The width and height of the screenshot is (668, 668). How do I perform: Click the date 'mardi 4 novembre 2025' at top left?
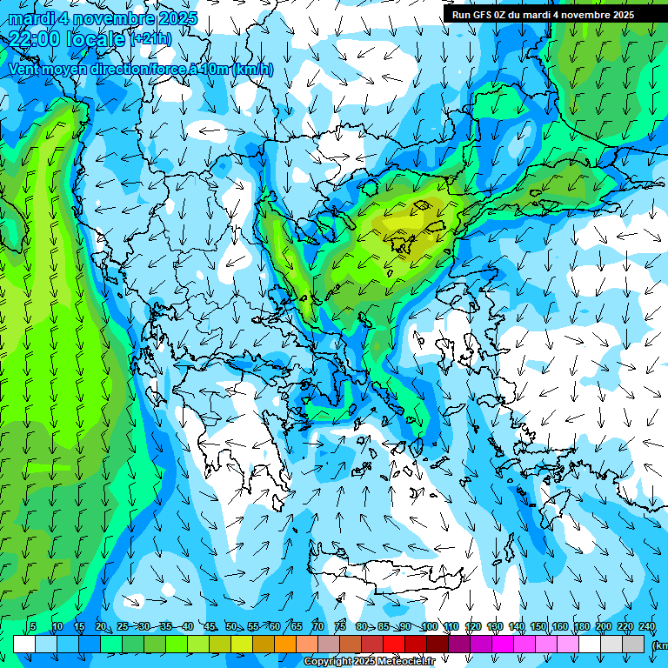tap(103, 18)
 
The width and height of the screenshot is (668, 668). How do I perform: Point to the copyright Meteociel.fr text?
tap(369, 662)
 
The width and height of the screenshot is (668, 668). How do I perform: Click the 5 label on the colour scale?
tap(33, 626)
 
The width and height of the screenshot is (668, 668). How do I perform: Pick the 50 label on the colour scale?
tap(230, 626)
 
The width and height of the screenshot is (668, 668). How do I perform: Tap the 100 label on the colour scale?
tap(429, 626)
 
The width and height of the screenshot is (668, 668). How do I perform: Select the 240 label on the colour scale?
tap(647, 626)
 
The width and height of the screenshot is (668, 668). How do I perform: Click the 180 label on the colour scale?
tap(581, 626)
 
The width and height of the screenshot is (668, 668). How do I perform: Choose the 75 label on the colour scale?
tap(340, 626)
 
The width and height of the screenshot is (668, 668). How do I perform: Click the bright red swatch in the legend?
tap(394, 644)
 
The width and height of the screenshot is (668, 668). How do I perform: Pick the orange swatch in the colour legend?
tap(284, 644)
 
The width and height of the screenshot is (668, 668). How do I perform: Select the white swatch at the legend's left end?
tap(24, 644)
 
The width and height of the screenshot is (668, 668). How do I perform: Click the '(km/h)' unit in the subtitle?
tap(252, 69)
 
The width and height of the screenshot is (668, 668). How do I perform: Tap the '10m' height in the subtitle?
tap(215, 69)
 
